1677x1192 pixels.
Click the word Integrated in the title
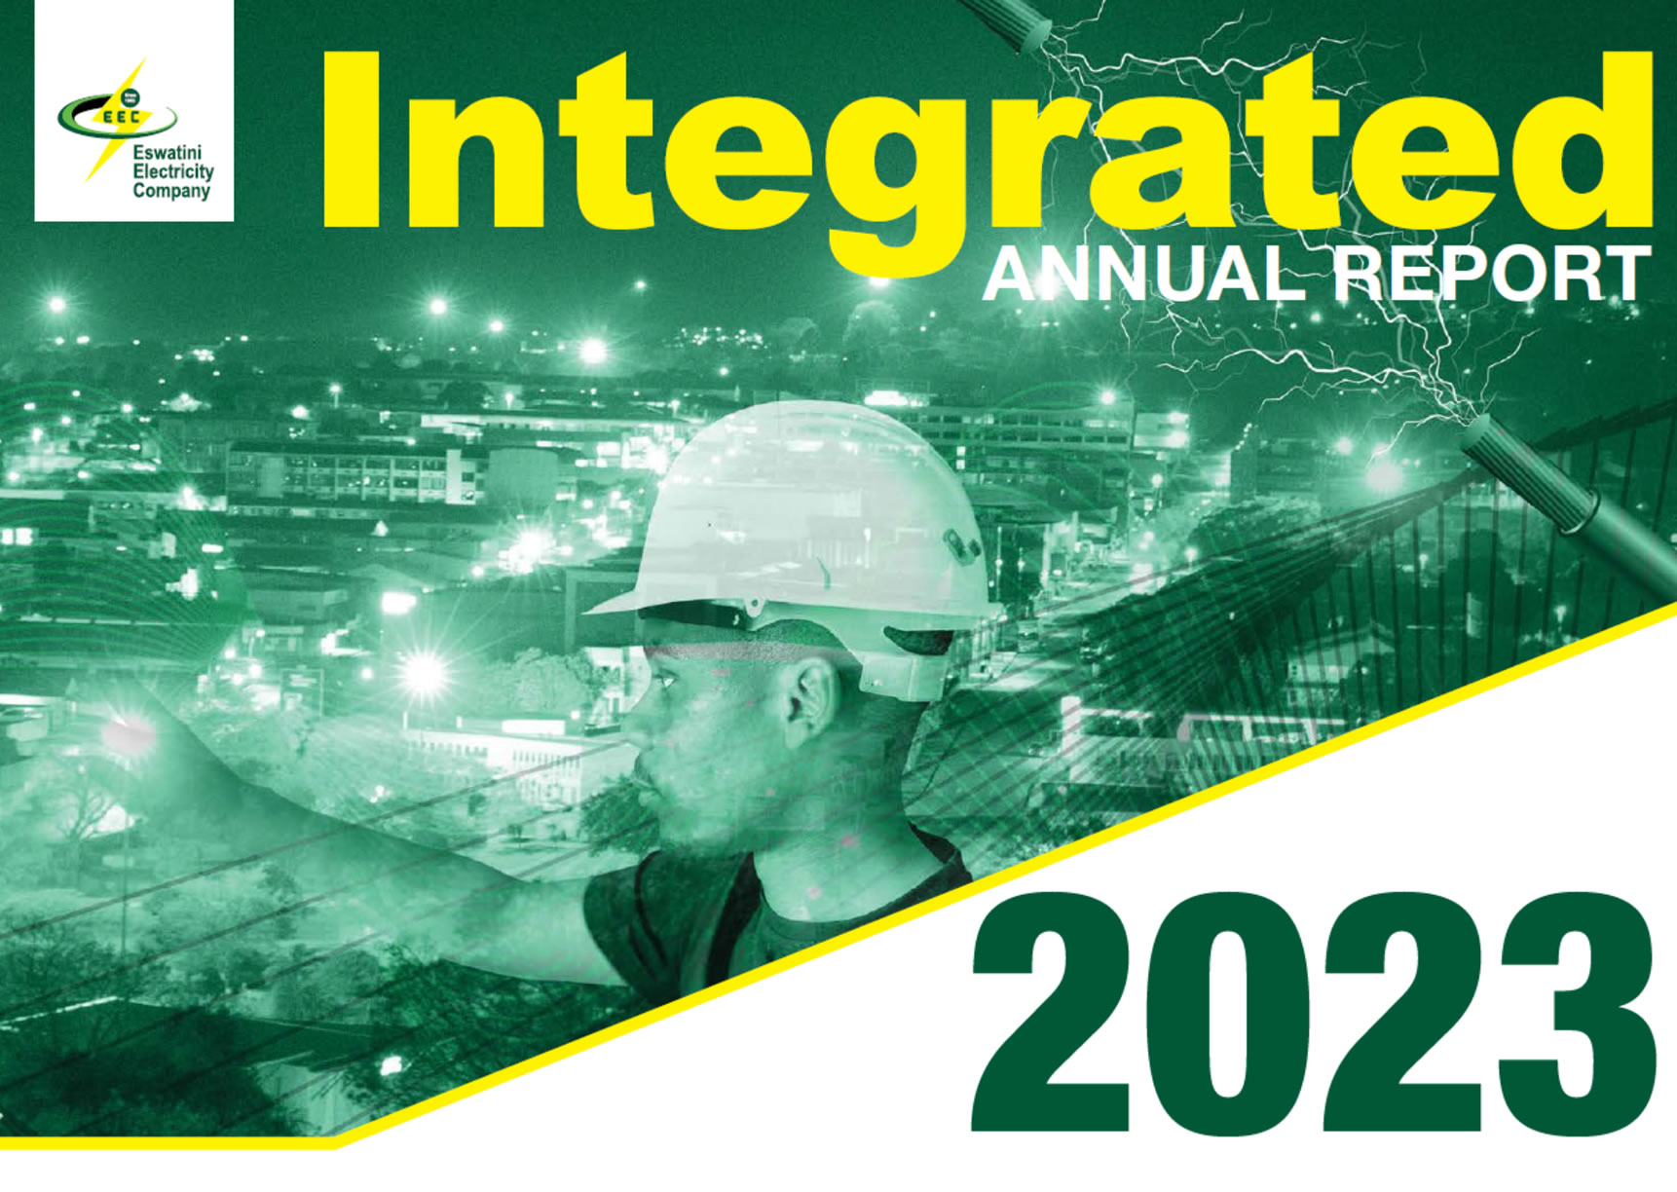point(986,156)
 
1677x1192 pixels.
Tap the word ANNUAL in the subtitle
point(1143,274)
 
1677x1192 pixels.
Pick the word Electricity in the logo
point(173,171)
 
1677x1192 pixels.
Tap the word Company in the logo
point(171,191)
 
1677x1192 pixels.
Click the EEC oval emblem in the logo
point(117,115)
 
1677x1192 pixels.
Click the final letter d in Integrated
point(1583,140)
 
